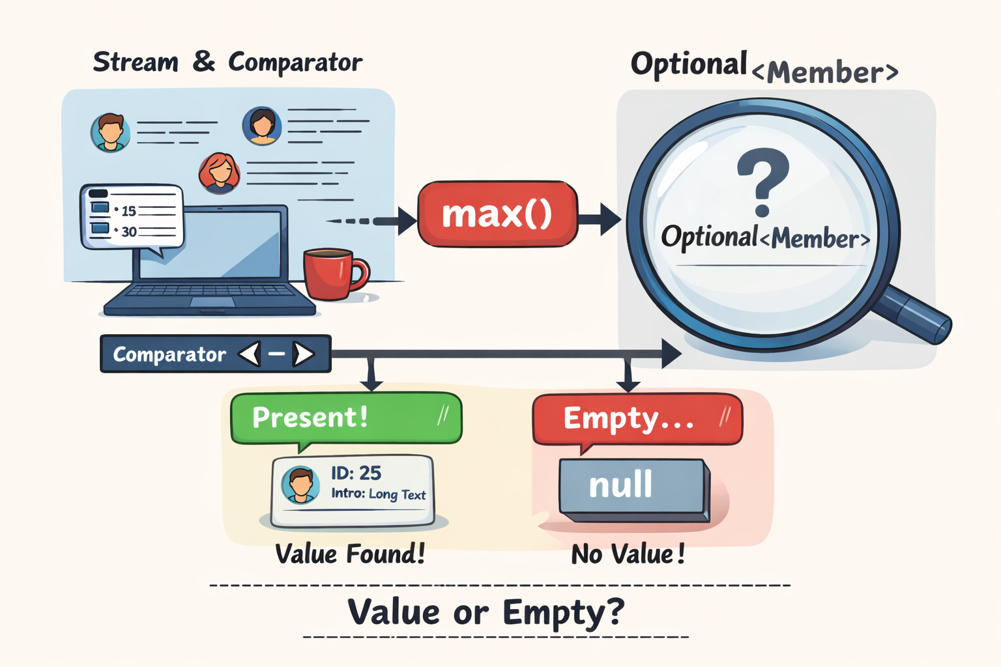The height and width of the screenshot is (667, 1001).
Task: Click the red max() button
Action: (x=497, y=214)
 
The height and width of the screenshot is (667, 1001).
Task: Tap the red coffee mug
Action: (x=336, y=274)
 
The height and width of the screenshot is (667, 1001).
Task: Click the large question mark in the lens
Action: (x=763, y=182)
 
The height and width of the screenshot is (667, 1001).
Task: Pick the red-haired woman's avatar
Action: (x=219, y=173)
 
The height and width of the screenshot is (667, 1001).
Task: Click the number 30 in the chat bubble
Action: (x=129, y=231)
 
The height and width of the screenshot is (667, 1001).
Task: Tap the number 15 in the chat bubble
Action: (x=128, y=210)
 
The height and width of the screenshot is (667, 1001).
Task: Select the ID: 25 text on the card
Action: (x=356, y=473)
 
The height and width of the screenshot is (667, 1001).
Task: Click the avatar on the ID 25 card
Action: (x=300, y=485)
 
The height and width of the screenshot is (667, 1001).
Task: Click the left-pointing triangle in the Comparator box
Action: (x=250, y=354)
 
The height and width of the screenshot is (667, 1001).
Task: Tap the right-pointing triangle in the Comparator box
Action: (x=304, y=354)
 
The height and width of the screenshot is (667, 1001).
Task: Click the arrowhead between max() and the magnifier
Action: (x=610, y=219)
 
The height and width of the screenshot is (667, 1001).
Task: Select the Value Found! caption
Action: (x=350, y=554)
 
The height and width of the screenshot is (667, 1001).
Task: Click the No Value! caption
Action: (x=628, y=554)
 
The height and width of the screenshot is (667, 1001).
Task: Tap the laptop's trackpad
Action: (x=212, y=302)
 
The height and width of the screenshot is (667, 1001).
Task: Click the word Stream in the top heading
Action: (x=136, y=62)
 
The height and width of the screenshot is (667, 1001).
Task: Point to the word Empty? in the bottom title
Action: (x=564, y=613)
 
